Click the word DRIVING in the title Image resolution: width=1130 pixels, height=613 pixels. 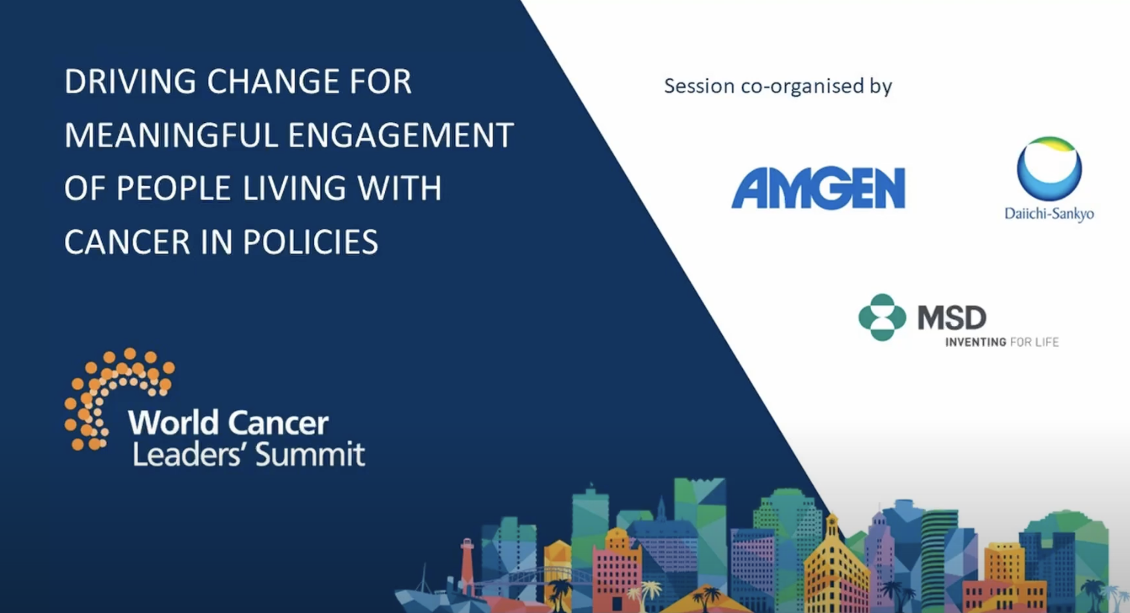[x=130, y=82]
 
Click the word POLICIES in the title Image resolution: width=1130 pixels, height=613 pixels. [x=310, y=242]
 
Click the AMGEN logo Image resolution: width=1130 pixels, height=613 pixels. [x=818, y=188]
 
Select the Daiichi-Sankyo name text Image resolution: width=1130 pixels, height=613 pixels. [x=1050, y=214]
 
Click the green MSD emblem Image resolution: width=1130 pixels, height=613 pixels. [x=882, y=318]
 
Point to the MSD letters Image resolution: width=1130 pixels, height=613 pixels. [x=952, y=318]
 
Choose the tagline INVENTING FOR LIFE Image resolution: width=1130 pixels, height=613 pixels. [x=1002, y=342]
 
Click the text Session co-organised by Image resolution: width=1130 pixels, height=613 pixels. [x=778, y=86]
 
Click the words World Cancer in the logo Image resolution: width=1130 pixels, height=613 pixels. [x=228, y=423]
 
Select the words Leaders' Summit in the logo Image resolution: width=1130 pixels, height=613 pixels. [x=248, y=455]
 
